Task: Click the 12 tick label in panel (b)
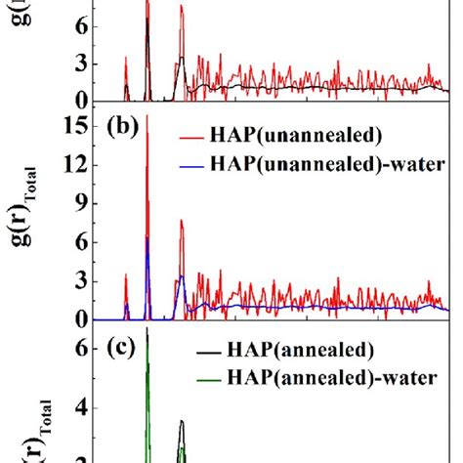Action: tap(74, 165)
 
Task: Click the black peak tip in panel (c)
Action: tap(182, 421)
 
